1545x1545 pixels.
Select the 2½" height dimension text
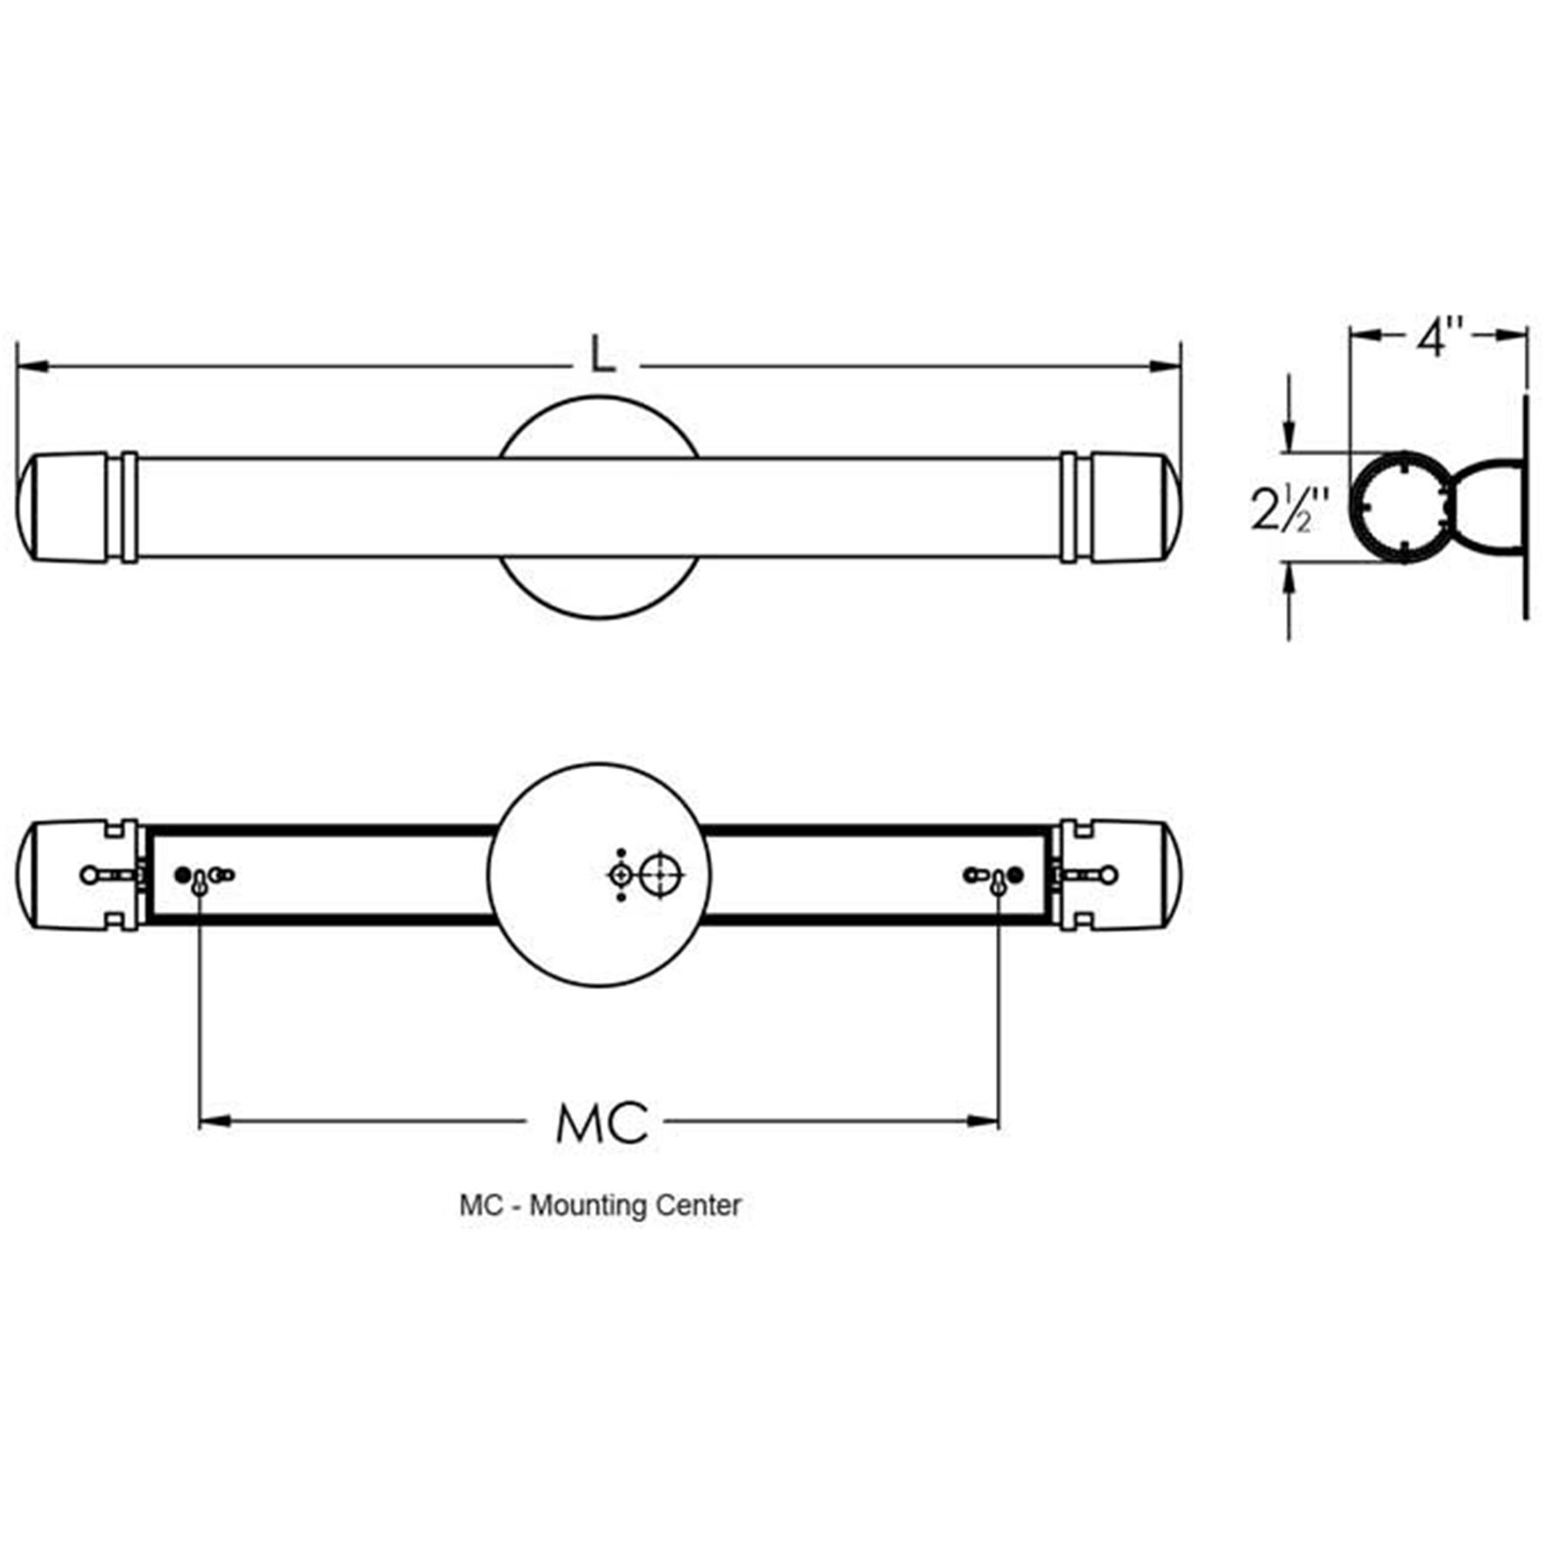click(1289, 508)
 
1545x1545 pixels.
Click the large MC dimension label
click(602, 1123)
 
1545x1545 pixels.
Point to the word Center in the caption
click(698, 1206)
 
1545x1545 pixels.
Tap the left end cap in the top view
click(63, 507)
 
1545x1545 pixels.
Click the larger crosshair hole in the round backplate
click(660, 874)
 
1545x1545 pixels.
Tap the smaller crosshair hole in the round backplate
click(621, 874)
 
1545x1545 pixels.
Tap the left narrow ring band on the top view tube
click(129, 507)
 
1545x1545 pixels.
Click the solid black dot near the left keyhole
click(182, 875)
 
